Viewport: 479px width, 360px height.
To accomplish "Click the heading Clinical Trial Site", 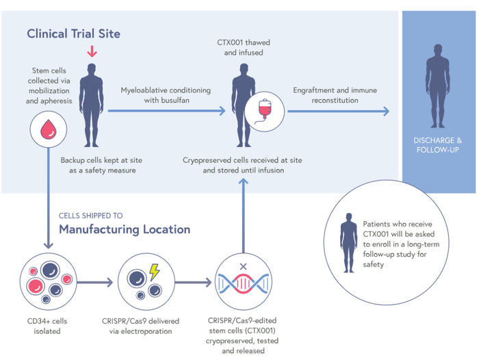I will pos(73,33).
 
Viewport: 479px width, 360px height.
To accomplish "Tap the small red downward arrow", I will pos(92,51).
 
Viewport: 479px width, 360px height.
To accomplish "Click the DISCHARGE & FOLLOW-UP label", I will pos(438,145).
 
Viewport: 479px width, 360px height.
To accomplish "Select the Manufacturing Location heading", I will pos(125,229).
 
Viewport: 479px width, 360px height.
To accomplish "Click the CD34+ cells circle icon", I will pos(44,281).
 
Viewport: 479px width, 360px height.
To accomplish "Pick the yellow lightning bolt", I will pos(154,272).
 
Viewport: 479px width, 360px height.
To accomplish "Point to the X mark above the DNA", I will pos(243,266).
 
